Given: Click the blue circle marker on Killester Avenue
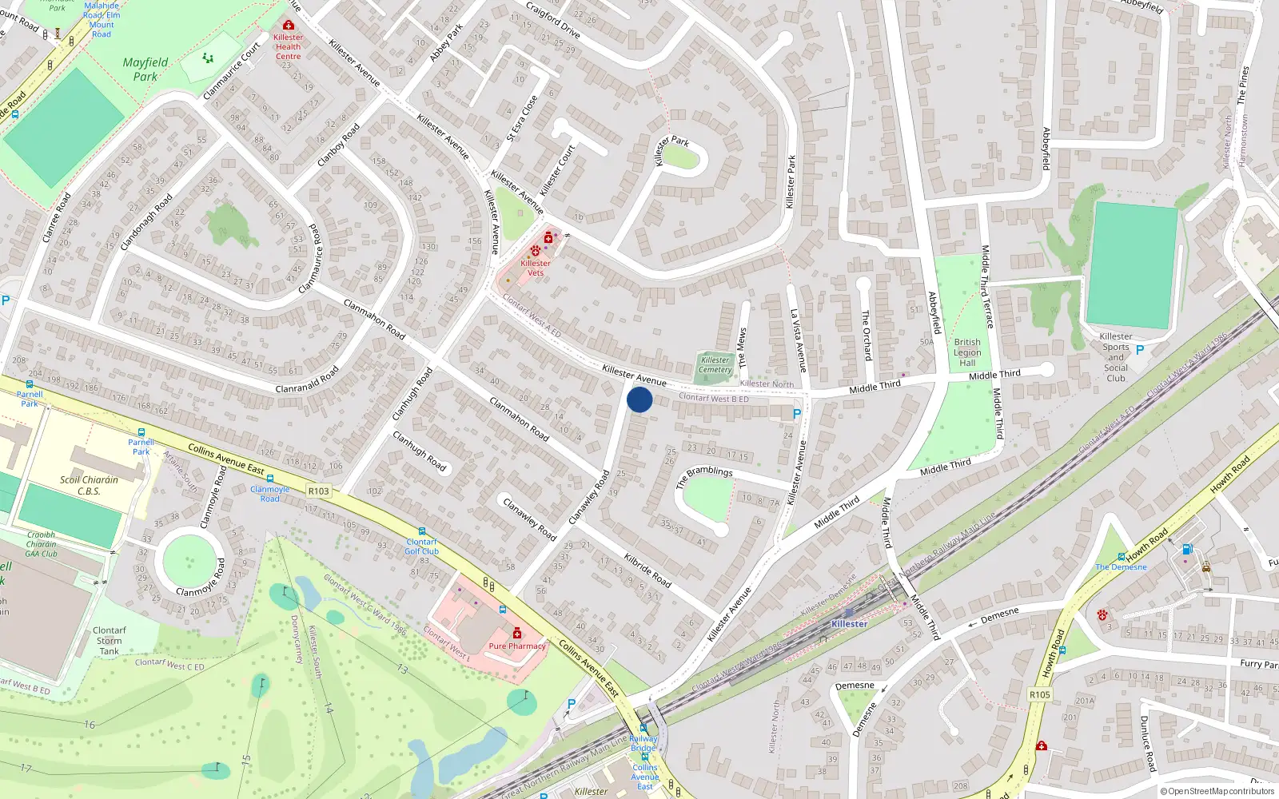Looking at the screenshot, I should tap(639, 399).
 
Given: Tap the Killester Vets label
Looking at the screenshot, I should tap(535, 268).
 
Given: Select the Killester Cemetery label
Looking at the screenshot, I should tap(715, 365).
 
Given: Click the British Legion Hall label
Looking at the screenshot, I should tap(967, 352).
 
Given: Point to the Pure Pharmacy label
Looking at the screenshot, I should tap(516, 646).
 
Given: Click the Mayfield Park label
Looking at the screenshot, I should tap(145, 70).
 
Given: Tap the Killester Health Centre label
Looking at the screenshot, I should tap(288, 46).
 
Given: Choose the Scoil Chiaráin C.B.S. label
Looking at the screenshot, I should tap(89, 485).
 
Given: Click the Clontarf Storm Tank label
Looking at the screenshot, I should tap(110, 641).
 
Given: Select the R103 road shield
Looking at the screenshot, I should tap(318, 491).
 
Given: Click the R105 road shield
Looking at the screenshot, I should tap(1039, 694).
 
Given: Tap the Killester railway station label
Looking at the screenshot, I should tap(849, 624).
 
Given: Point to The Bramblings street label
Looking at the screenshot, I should tap(703, 476).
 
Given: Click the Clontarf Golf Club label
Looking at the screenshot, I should tap(421, 547).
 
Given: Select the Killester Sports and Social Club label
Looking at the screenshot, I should tap(1116, 357).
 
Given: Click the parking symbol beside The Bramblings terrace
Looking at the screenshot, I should tap(796, 414).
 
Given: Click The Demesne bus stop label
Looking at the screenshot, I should tap(1121, 567).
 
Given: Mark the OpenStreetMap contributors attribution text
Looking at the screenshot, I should tap(1217, 792).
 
